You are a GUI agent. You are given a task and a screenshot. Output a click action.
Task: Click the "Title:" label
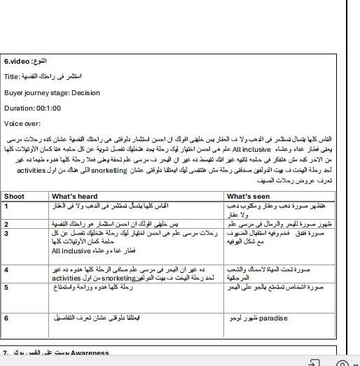[x=13, y=76]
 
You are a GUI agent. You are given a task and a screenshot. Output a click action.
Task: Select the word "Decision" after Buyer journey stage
[x=85, y=92]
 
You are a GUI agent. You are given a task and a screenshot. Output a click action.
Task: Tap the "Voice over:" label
[x=22, y=123]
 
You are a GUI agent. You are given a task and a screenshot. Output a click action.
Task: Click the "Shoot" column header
[x=14, y=197]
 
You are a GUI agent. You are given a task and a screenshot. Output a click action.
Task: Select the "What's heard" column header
[x=75, y=197]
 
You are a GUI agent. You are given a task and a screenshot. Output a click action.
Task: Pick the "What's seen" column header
[x=248, y=197]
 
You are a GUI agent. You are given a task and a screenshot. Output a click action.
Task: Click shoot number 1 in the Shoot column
[x=6, y=206]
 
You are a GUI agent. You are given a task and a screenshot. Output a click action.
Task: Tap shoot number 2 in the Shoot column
[x=6, y=225]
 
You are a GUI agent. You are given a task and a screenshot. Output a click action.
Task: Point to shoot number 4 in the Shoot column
[x=6, y=269]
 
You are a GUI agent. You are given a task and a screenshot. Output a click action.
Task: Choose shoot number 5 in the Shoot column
[x=6, y=287]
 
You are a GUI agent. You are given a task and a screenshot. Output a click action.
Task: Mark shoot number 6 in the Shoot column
[x=6, y=317]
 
